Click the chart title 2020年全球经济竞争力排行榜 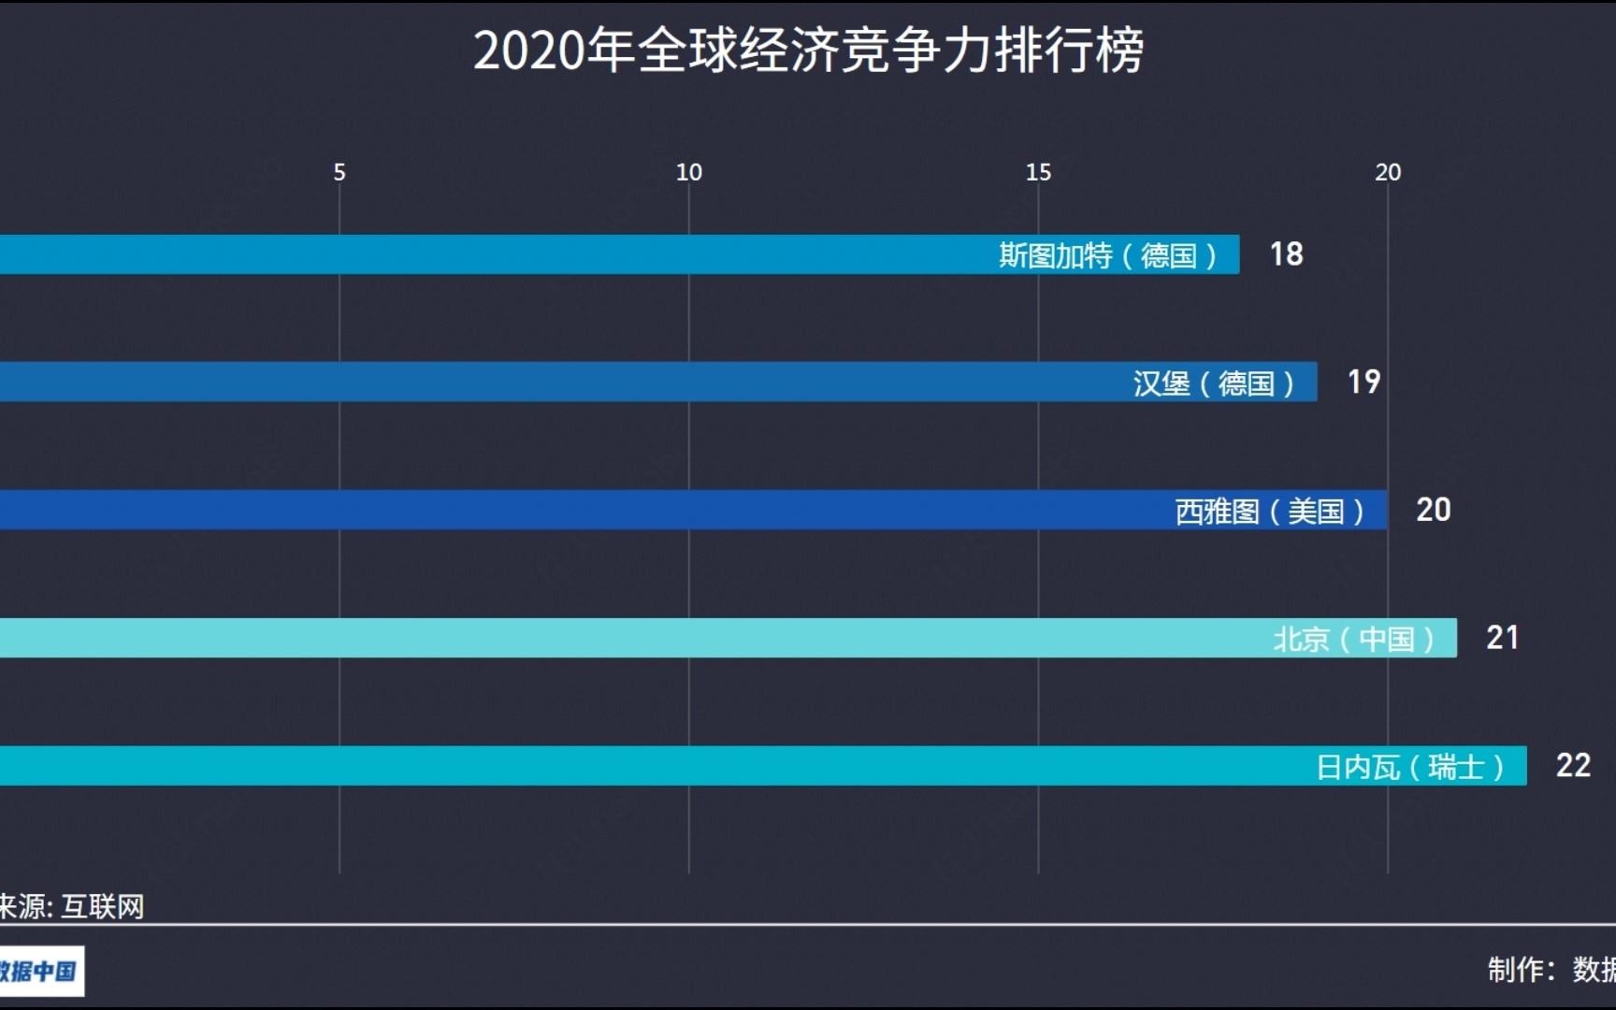808,50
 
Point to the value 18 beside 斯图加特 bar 1286,254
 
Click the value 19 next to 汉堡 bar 1363,382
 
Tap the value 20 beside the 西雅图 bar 1433,510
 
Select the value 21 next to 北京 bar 1502,638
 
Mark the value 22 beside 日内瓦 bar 1573,766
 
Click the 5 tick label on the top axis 339,172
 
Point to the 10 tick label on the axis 689,172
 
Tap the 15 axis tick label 1038,172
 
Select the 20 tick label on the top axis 1388,172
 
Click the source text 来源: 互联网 72,906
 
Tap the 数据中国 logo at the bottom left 39,971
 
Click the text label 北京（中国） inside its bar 1353,639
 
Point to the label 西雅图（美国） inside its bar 1269,512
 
